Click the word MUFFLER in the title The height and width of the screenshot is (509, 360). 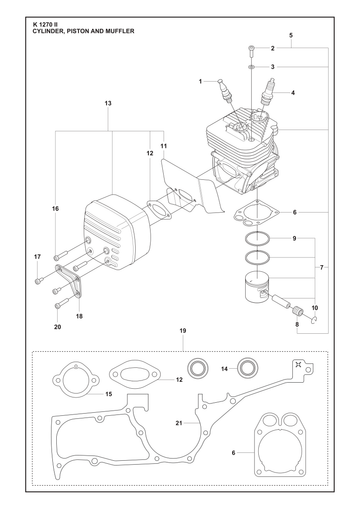[x=120, y=31]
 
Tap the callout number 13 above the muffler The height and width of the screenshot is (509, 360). [x=108, y=103]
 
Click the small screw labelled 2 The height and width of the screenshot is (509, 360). [x=251, y=50]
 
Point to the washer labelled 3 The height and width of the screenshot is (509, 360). [x=251, y=67]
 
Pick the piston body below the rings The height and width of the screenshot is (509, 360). [x=257, y=287]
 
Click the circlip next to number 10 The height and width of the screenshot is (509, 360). [x=314, y=320]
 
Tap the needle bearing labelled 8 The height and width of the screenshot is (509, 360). [x=297, y=311]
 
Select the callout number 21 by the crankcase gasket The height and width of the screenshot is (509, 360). [x=179, y=423]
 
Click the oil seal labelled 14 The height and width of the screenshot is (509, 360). [x=248, y=368]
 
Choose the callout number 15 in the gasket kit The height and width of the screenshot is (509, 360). [x=109, y=394]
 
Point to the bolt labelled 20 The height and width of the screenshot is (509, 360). [x=62, y=303]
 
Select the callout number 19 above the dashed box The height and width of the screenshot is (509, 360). [x=183, y=331]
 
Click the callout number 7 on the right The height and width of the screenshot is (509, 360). [x=321, y=267]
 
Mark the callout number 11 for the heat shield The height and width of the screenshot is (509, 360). [x=163, y=146]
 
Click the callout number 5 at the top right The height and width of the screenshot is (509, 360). [x=291, y=35]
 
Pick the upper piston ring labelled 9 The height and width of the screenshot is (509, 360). [x=257, y=239]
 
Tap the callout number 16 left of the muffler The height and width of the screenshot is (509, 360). [x=55, y=209]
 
